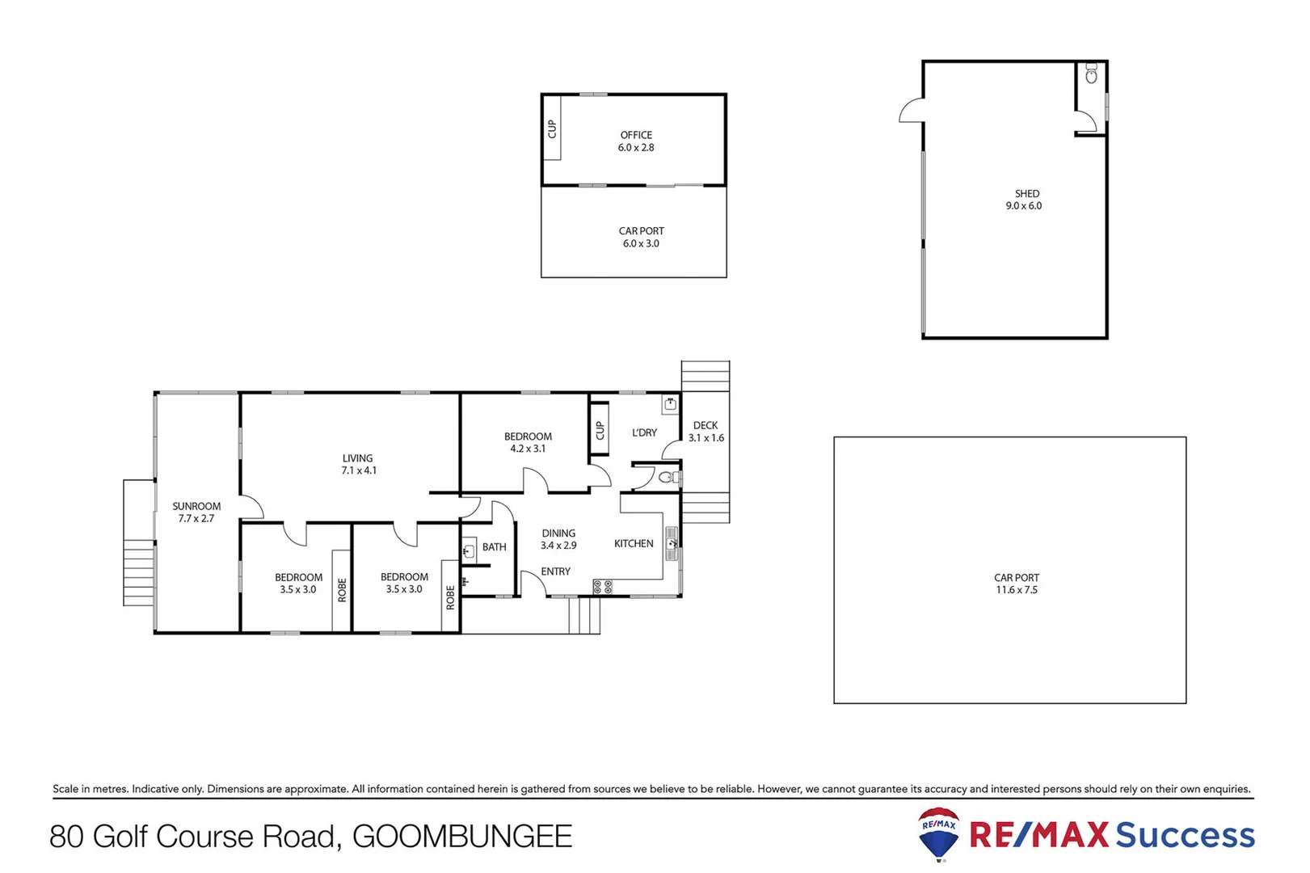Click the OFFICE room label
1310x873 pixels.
pyautogui.click(x=636, y=135)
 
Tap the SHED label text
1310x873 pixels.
pyautogui.click(x=1027, y=194)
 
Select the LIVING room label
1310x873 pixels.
pyautogui.click(x=357, y=458)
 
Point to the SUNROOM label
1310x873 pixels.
pyautogui.click(x=196, y=507)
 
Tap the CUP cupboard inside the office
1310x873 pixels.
pyautogui.click(x=552, y=129)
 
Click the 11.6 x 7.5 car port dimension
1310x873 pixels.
pyautogui.click(x=1017, y=590)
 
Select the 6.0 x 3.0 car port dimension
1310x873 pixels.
pyautogui.click(x=641, y=243)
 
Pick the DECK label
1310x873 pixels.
pyautogui.click(x=706, y=425)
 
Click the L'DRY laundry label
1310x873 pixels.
pyautogui.click(x=644, y=432)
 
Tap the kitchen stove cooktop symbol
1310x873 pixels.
pyautogui.click(x=603, y=587)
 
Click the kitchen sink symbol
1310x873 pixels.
pyautogui.click(x=671, y=543)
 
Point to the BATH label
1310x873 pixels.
pyautogui.click(x=495, y=547)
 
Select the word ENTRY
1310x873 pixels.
pyautogui.click(x=555, y=571)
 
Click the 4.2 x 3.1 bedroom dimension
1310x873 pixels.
pyautogui.click(x=528, y=449)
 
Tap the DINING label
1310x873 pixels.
pyautogui.click(x=558, y=533)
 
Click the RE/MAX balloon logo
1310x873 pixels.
pyautogui.click(x=939, y=834)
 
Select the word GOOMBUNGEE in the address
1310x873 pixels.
pyautogui.click(x=462, y=837)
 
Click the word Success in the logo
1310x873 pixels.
pyautogui.click(x=1185, y=835)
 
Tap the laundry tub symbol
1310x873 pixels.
pyautogui.click(x=670, y=403)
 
